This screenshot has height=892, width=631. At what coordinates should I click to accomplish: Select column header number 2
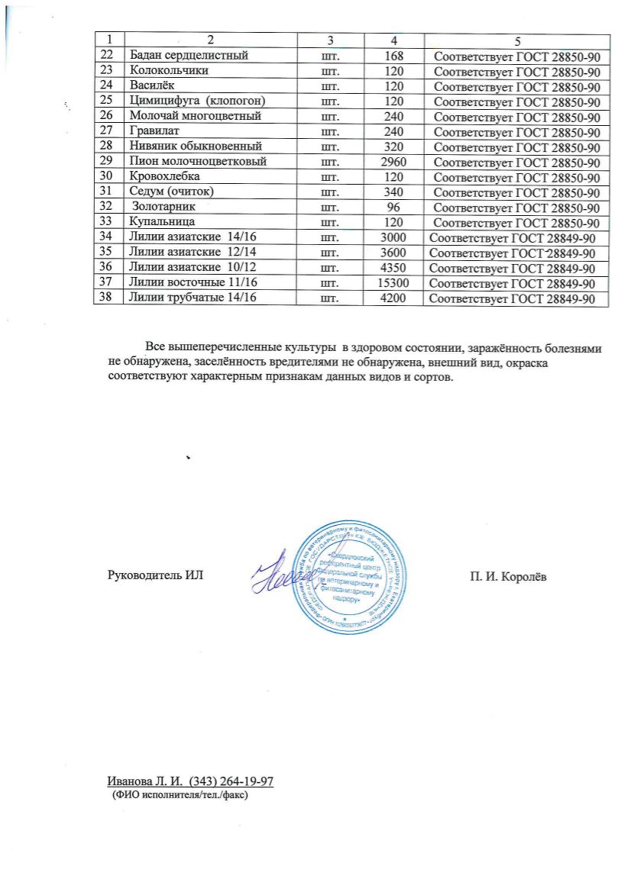click(x=207, y=39)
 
